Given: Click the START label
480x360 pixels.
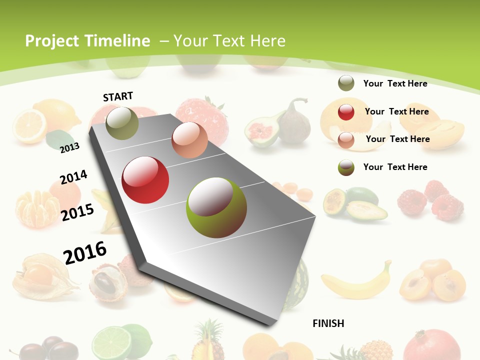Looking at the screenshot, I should click(118, 96).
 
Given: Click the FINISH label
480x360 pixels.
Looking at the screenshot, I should click(328, 323).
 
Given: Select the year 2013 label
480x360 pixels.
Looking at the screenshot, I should click(69, 147).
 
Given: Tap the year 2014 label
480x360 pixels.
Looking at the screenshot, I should click(73, 177).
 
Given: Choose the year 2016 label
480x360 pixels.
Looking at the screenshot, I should click(85, 252).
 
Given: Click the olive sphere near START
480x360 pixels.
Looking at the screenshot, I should click(122, 123).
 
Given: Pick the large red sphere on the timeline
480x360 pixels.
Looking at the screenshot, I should click(145, 180).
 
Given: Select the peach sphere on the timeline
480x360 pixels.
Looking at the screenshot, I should click(189, 140).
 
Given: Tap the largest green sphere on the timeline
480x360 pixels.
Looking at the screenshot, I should click(216, 207).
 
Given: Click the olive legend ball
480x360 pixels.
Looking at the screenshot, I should click(346, 83).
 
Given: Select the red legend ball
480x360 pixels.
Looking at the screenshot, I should click(346, 112).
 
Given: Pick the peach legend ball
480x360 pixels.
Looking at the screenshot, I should click(346, 140).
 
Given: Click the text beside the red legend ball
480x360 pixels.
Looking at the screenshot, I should click(396, 112).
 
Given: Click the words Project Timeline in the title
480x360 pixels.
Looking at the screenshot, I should click(87, 41).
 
